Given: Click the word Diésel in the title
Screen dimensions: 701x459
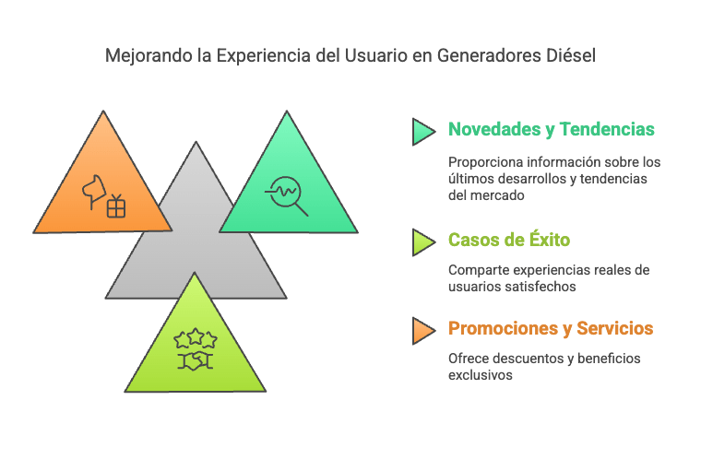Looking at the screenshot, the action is click(571, 56).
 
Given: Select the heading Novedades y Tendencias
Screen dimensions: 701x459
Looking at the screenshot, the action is click(552, 130).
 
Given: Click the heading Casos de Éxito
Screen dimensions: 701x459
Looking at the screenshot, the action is click(509, 240).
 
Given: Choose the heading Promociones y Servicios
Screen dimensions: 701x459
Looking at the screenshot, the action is click(551, 328).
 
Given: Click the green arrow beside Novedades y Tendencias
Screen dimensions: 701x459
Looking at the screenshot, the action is click(423, 132).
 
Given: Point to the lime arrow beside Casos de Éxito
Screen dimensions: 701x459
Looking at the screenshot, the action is click(423, 242).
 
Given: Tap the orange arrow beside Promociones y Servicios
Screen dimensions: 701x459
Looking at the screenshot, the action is click(423, 331).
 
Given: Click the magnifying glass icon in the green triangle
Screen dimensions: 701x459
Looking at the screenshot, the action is click(287, 194).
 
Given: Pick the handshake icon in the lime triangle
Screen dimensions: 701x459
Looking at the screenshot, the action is click(196, 361).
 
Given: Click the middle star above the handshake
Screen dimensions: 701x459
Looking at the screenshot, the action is click(196, 336).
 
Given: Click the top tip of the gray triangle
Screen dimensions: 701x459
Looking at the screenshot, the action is click(196, 142).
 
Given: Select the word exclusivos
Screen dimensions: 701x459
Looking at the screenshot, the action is click(481, 375).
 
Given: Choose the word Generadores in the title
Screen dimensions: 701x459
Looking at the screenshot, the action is click(489, 56).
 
